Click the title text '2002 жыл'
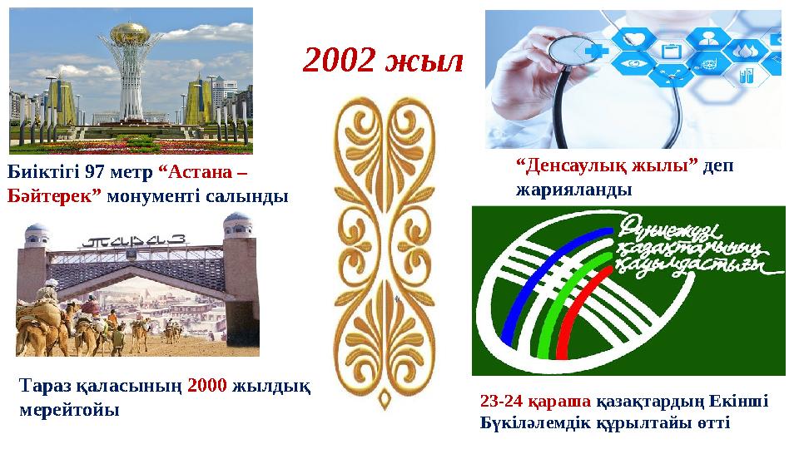(x=382, y=60)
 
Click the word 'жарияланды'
(x=573, y=189)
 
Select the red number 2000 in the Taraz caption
(x=207, y=387)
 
